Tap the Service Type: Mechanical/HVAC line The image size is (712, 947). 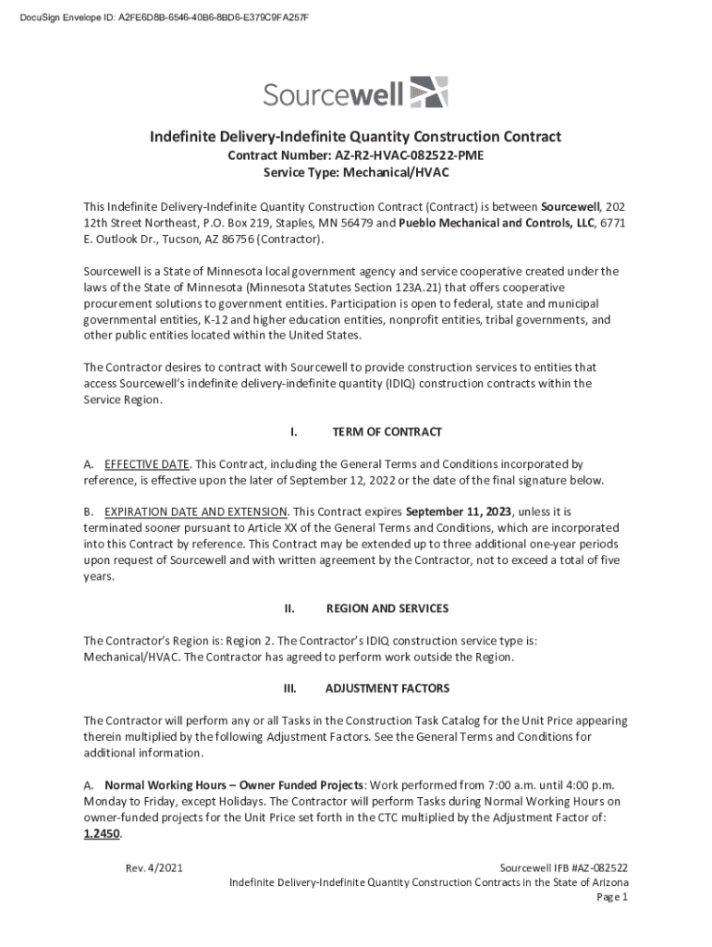coord(356,173)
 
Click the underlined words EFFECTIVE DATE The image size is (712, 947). coord(147,463)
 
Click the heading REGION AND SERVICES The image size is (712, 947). coord(387,609)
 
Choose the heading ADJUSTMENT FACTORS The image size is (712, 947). coord(387,689)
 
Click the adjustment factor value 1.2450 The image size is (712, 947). coord(102,833)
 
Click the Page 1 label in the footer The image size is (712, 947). coord(612,897)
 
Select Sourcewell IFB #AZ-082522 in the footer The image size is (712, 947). coord(564,867)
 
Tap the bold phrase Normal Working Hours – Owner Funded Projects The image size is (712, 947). coord(221,784)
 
